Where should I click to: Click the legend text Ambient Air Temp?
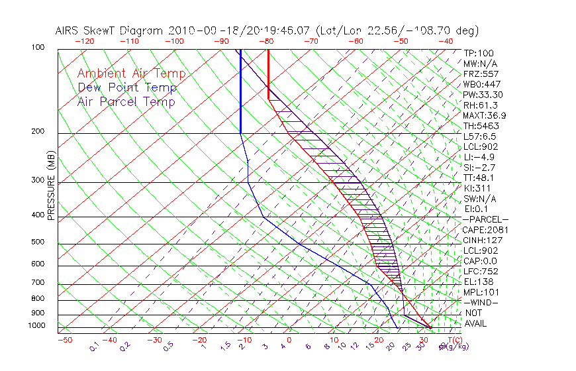tap(131, 74)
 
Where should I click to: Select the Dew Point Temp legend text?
tap(127, 88)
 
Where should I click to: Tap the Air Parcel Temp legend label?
tap(126, 102)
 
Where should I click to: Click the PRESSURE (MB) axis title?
tap(52, 186)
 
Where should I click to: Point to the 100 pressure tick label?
tap(38, 48)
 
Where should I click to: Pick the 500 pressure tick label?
tap(38, 242)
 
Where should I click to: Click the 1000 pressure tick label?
tap(36, 326)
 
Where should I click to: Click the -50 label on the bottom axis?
tap(64, 340)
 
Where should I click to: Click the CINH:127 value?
tap(482, 240)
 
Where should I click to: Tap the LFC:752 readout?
tap(480, 272)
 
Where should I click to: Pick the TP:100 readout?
tap(478, 53)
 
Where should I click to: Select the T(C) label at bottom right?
tap(450, 340)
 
